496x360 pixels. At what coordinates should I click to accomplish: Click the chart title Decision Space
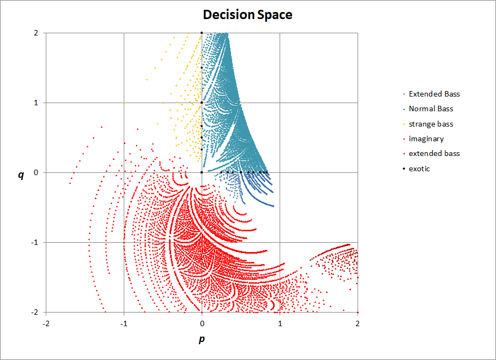pos(247,15)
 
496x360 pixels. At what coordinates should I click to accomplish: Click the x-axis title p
pos(202,339)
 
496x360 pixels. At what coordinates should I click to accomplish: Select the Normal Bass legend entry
pos(431,109)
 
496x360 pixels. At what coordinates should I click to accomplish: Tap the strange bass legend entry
pos(431,124)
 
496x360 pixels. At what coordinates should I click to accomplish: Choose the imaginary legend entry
pos(426,139)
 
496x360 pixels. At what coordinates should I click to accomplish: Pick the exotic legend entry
pos(419,169)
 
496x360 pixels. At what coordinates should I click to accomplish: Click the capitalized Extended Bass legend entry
pos(434,94)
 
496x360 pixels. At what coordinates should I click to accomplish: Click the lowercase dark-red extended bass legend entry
pos(434,154)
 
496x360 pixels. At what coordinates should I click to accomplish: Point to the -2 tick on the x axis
pos(46,322)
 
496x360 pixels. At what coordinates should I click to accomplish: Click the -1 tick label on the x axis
pos(124,322)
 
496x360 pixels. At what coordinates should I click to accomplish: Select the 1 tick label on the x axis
pos(280,322)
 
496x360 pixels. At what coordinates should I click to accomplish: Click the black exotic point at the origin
pos(202,172)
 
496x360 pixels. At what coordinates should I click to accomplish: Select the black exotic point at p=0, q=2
pos(202,33)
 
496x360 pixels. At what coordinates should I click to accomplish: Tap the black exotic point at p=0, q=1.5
pos(202,68)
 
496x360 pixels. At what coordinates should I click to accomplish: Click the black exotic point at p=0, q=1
pos(202,103)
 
